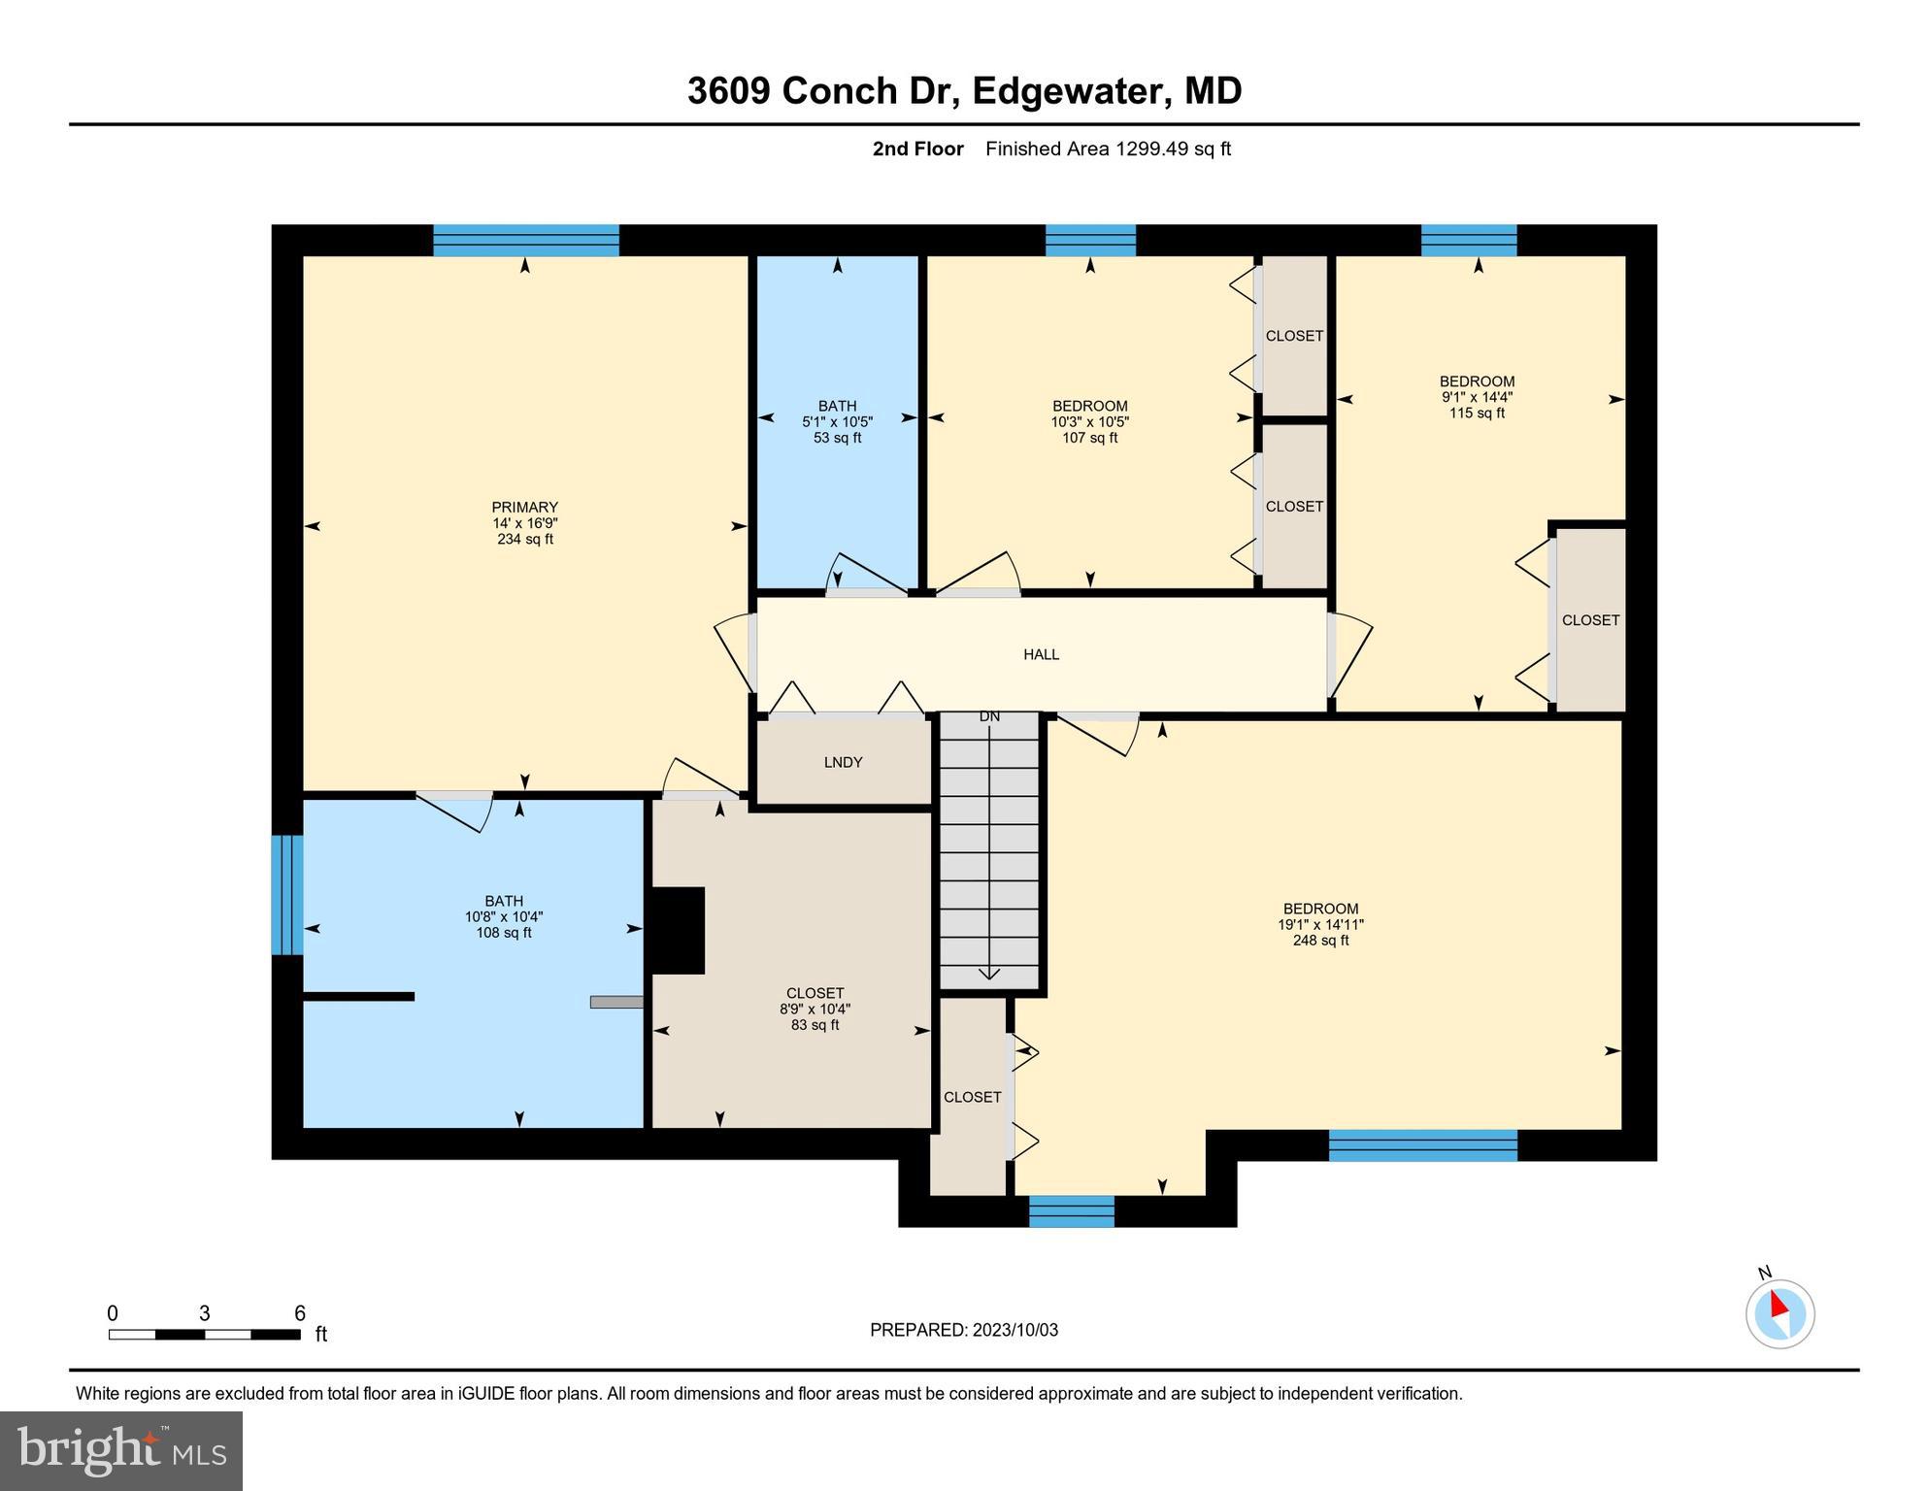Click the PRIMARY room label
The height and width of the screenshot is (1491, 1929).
pyautogui.click(x=524, y=507)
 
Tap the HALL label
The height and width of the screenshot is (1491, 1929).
pyautogui.click(x=1041, y=655)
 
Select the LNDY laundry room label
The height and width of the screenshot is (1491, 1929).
pyautogui.click(x=843, y=763)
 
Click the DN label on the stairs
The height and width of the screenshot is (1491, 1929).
pyautogui.click(x=989, y=717)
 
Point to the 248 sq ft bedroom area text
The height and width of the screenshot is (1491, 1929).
pyautogui.click(x=1320, y=941)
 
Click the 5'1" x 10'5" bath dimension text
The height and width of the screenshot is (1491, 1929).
pyautogui.click(x=837, y=422)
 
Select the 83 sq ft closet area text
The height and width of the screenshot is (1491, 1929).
pyautogui.click(x=815, y=1025)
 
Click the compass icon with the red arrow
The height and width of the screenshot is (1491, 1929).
pyautogui.click(x=1779, y=1313)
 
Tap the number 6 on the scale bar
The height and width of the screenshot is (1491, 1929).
pyautogui.click(x=300, y=1313)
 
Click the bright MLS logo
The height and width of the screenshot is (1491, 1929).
pyautogui.click(x=121, y=1450)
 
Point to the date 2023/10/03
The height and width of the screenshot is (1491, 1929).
pyautogui.click(x=1010, y=1330)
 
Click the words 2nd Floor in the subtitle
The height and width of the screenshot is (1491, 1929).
pyautogui.click(x=917, y=149)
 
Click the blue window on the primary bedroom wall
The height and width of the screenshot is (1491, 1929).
pyautogui.click(x=525, y=240)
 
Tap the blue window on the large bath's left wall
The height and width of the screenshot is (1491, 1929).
pyautogui.click(x=286, y=894)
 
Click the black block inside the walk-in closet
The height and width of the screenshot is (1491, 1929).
pyautogui.click(x=677, y=930)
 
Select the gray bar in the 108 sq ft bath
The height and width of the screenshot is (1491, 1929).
pyautogui.click(x=615, y=1002)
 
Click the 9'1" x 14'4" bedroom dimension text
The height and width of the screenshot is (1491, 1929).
pyautogui.click(x=1477, y=397)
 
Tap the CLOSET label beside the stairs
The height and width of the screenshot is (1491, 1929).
pyautogui.click(x=972, y=1098)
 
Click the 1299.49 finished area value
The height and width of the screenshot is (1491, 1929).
pyautogui.click(x=1151, y=149)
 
